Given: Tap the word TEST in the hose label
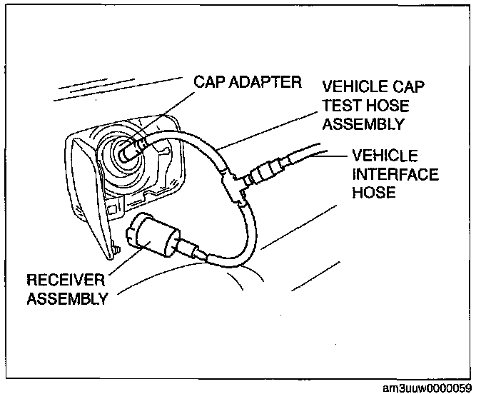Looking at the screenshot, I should pyautogui.click(x=342, y=106).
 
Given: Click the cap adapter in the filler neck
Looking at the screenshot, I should pyautogui.click(x=133, y=151).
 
